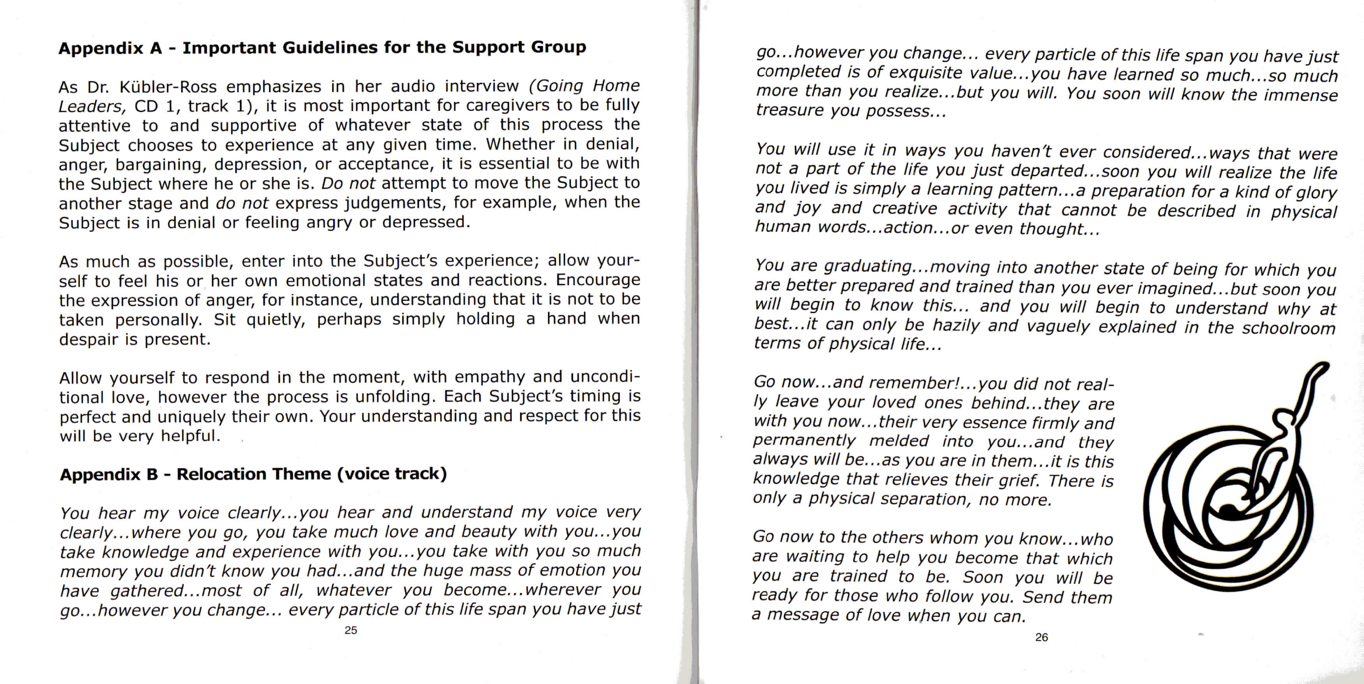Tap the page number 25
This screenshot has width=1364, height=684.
pyautogui.click(x=351, y=630)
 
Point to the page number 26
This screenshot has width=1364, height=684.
pyautogui.click(x=1041, y=637)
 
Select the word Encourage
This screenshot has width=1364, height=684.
pyautogui.click(x=598, y=280)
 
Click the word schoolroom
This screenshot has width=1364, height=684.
pyautogui.click(x=1288, y=328)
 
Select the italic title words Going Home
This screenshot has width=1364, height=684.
pyautogui.click(x=584, y=86)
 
